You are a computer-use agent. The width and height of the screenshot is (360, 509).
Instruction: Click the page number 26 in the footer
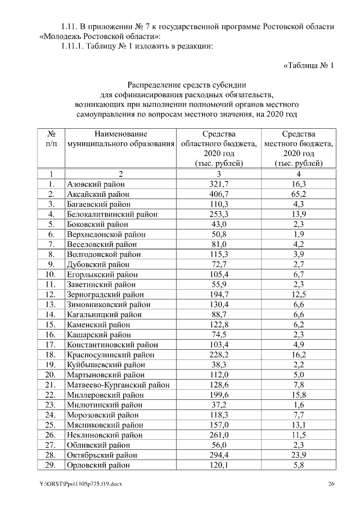(x=331, y=484)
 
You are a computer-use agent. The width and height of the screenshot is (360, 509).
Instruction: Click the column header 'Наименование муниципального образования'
(x=120, y=139)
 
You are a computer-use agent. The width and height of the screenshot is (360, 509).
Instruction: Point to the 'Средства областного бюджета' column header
(x=218, y=148)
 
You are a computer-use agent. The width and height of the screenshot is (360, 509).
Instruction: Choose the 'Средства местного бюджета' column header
(x=298, y=148)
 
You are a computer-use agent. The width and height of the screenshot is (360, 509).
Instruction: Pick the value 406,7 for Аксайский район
(x=218, y=194)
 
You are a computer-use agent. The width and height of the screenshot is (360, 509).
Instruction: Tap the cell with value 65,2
(x=298, y=194)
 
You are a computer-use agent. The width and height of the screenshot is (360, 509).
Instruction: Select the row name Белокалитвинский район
(x=112, y=214)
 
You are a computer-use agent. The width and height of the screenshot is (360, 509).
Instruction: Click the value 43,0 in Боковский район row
(x=218, y=224)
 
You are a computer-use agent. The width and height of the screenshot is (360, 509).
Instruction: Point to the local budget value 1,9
(x=298, y=234)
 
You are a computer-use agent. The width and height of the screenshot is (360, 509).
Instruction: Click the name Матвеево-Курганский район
(x=118, y=385)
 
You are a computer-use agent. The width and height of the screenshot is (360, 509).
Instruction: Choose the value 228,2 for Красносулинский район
(x=218, y=355)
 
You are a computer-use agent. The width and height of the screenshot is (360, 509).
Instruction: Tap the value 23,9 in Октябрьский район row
(x=298, y=455)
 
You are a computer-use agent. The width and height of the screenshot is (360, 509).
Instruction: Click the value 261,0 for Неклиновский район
(x=218, y=435)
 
